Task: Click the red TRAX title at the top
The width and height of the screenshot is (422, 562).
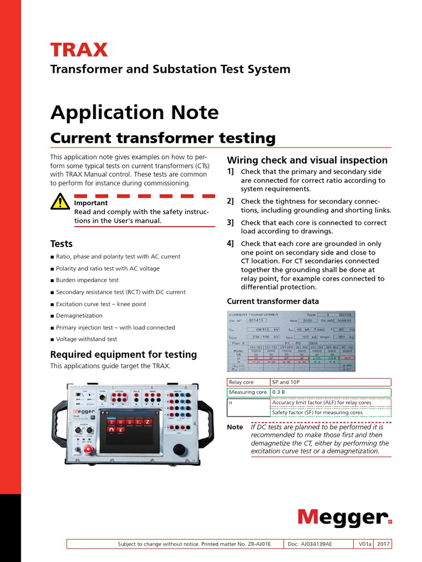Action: coord(79,50)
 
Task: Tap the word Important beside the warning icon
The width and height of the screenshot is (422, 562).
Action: coord(91,203)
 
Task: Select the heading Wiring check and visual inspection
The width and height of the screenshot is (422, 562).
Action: coord(307,160)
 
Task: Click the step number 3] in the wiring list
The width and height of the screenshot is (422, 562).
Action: coord(230,222)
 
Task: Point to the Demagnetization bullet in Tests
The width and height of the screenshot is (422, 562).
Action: coord(79,316)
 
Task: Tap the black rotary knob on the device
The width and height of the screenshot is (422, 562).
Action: coord(179,449)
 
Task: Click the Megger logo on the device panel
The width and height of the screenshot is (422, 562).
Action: coord(82,410)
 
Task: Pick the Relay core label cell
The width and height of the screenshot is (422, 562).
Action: coord(248,382)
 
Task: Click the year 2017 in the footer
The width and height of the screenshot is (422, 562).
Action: coord(383,544)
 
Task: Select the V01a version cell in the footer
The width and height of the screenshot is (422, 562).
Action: coord(364,544)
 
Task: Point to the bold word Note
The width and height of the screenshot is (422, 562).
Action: coord(235,427)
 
